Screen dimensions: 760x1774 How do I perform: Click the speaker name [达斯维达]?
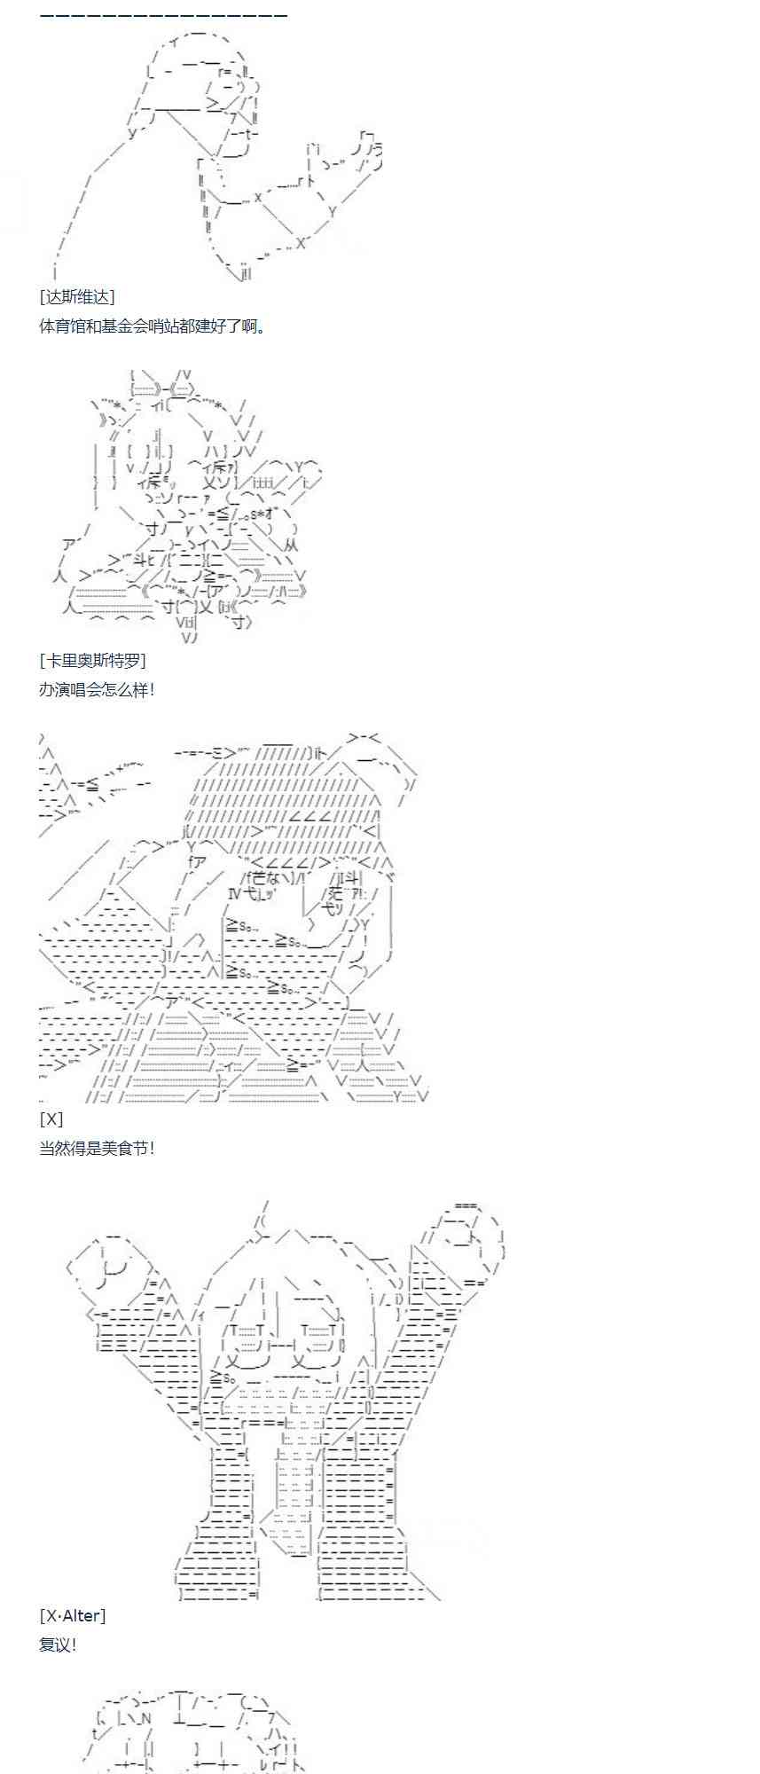(x=77, y=297)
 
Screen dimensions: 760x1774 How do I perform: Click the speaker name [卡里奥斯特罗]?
(x=93, y=660)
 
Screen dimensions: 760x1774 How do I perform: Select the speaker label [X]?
(x=51, y=1119)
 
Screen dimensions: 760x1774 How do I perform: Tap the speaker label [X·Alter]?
(x=73, y=1615)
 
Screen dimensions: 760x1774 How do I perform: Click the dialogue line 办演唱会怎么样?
(x=98, y=689)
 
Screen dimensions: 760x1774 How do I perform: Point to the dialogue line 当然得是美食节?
(x=98, y=1148)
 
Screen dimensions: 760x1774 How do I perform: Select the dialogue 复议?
(x=59, y=1644)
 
